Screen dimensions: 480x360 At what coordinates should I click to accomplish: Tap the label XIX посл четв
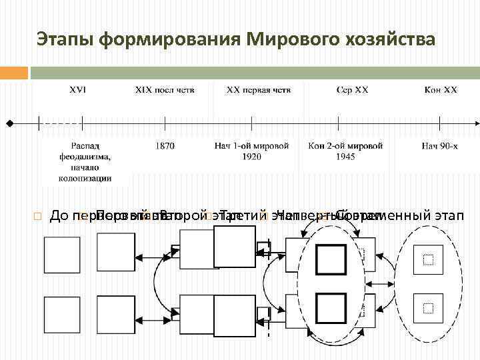[165, 89]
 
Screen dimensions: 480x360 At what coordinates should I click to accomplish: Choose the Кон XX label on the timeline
[441, 89]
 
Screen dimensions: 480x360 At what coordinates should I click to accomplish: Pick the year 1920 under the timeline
[251, 157]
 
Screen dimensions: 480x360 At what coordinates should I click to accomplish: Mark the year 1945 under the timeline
[345, 157]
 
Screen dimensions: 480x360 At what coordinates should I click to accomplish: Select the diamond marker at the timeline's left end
[9, 123]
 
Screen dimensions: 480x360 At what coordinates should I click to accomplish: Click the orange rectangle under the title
[14, 72]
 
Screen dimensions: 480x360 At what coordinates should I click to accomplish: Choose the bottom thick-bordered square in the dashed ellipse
[331, 308]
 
